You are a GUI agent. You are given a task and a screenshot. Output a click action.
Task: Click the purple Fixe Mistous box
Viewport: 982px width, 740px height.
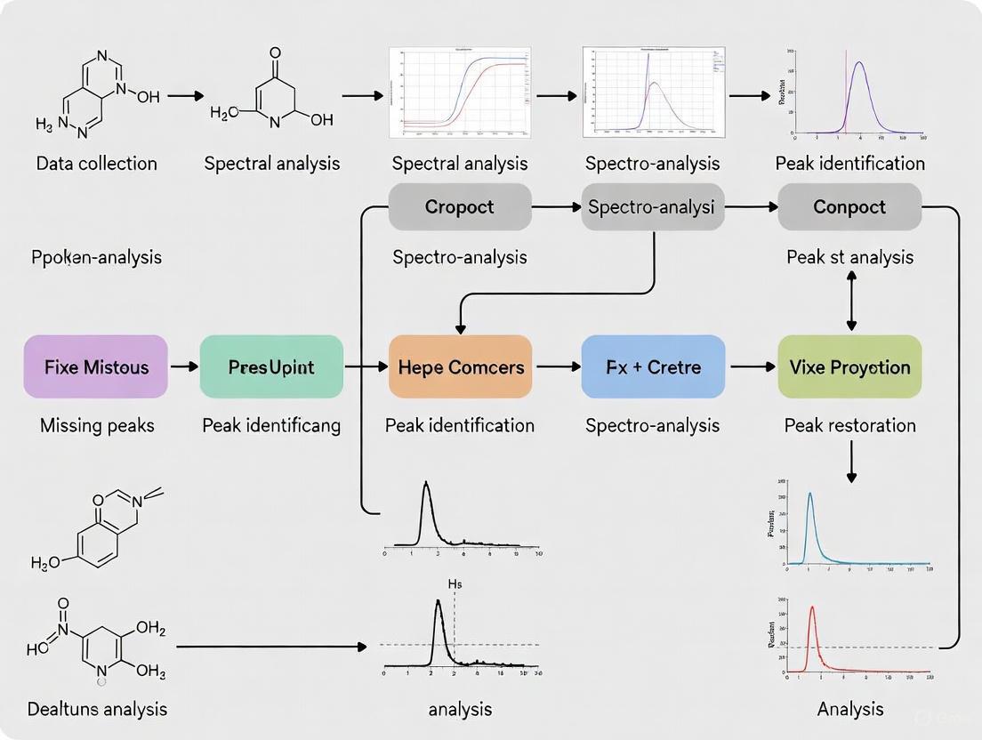[x=95, y=366]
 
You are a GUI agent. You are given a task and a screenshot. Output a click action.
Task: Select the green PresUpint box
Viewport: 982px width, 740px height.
[x=271, y=366]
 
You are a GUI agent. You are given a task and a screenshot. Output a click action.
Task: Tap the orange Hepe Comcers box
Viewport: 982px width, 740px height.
[x=460, y=366]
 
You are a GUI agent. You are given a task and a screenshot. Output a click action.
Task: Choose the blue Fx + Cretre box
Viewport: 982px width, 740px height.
[x=653, y=366]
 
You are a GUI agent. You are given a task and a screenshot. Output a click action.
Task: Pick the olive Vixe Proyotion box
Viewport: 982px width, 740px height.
[x=849, y=366]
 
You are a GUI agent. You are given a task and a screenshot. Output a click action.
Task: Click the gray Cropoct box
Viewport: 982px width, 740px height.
[x=460, y=207]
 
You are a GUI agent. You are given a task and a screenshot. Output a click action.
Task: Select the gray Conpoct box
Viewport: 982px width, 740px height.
[x=849, y=207]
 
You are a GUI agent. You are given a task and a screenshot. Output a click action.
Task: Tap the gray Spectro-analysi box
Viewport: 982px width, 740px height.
[x=653, y=207]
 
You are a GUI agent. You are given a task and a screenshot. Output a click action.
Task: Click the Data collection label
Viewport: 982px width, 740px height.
[x=96, y=164]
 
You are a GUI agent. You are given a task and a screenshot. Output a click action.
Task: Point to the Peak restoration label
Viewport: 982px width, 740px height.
[x=849, y=425]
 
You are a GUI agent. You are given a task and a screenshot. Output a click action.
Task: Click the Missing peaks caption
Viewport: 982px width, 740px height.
[x=97, y=425]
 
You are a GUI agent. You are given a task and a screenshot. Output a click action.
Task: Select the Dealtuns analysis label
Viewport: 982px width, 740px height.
[x=96, y=709]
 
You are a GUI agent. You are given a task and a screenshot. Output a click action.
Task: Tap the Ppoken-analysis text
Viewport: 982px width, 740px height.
[x=96, y=257]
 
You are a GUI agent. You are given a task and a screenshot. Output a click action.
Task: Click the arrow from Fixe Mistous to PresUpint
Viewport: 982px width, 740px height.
[x=184, y=366]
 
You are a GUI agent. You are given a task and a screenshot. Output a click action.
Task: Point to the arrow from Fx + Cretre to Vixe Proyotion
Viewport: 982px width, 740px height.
[x=752, y=366]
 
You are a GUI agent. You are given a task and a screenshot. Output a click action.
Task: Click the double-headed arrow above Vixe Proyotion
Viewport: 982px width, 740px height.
[x=851, y=302]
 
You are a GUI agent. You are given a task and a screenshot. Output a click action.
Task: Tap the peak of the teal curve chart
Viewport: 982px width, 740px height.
[x=809, y=495]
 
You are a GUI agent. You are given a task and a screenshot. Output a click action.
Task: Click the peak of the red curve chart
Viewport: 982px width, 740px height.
[x=812, y=608]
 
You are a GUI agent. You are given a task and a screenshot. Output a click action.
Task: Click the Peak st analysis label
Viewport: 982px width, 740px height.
[x=849, y=257]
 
